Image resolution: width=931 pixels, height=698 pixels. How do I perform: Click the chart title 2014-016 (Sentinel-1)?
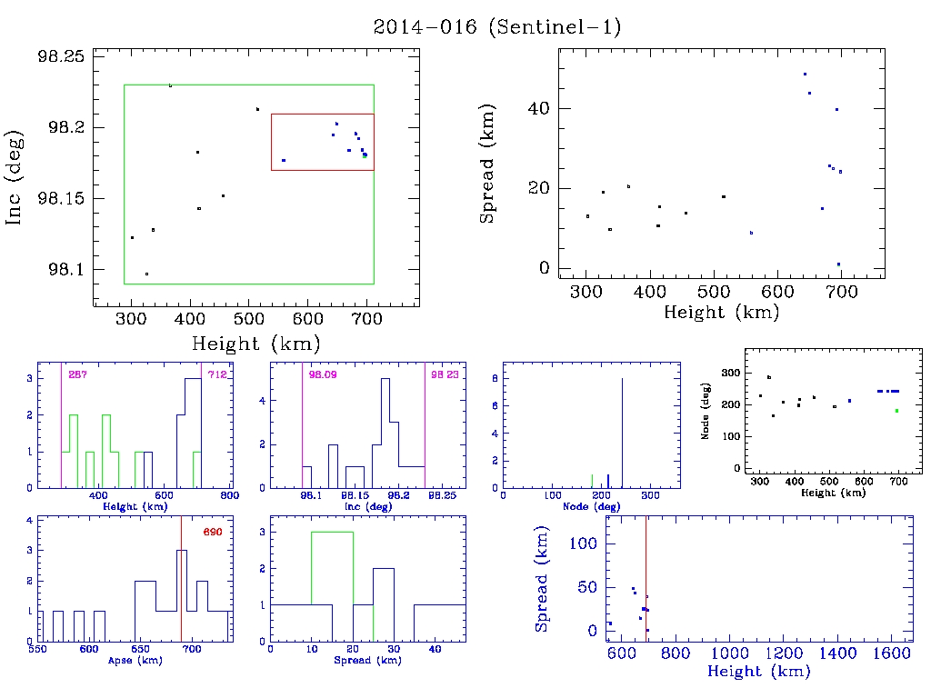[497, 27]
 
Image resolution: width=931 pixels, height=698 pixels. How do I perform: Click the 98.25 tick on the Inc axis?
[61, 56]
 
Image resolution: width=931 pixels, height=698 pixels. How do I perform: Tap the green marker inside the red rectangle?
[365, 156]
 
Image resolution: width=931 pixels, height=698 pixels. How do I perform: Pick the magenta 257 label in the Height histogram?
[78, 374]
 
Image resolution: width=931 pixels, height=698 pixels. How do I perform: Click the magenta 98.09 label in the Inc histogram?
[321, 374]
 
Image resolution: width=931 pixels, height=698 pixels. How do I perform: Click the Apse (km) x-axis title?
[135, 661]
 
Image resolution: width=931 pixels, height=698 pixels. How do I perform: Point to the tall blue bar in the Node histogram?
[622, 433]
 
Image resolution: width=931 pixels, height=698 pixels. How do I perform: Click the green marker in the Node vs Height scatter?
[896, 411]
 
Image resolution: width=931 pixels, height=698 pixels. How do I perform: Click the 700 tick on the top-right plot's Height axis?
[842, 292]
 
